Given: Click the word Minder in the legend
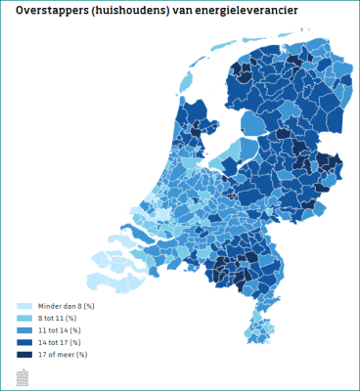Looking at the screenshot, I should (x=49, y=306).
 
